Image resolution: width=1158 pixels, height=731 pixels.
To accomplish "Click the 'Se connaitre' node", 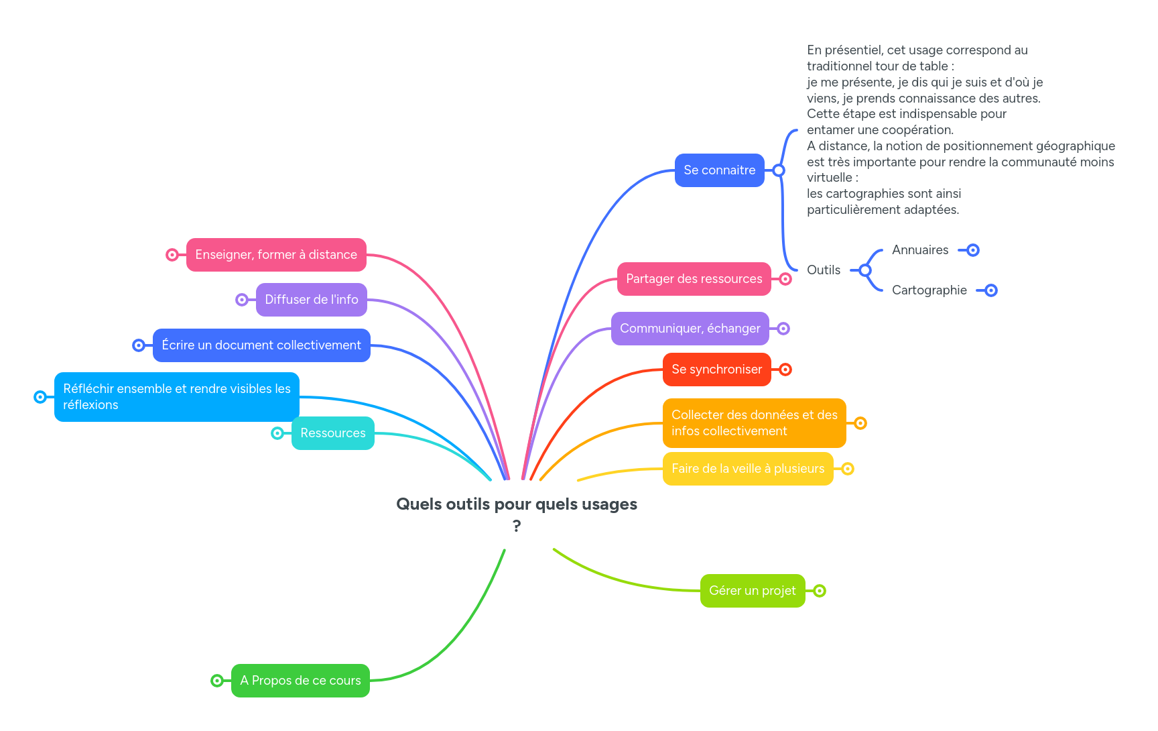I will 719,170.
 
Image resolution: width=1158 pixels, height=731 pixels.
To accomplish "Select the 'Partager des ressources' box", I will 694,279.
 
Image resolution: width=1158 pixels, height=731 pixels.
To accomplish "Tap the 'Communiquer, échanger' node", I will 690,329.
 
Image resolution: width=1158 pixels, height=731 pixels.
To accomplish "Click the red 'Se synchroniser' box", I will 716,370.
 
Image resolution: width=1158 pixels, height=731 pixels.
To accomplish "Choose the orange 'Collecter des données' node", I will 754,423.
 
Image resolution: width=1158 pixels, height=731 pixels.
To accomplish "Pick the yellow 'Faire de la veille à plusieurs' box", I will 747,469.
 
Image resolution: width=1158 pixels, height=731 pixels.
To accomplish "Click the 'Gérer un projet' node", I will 752,591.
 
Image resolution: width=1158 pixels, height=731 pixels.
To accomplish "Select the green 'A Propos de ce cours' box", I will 300,681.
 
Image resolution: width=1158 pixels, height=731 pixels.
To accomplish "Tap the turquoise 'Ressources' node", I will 332,433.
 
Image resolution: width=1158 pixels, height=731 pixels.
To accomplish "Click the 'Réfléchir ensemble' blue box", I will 176,397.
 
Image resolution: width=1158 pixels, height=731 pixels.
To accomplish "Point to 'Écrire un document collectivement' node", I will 261,345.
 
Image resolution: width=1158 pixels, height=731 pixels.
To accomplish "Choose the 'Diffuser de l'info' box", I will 311,300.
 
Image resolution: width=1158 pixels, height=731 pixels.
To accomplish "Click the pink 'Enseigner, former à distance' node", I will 276,255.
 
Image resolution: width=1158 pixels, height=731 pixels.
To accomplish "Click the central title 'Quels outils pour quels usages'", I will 516,505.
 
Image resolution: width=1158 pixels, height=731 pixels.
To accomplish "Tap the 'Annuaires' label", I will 920,250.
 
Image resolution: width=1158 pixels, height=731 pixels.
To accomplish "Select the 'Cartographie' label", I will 929,290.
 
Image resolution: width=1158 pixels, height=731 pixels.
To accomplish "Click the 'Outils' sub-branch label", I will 823,270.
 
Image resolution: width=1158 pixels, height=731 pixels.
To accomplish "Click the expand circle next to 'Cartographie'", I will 991,290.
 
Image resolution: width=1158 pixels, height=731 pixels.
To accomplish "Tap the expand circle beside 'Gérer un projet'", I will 820,591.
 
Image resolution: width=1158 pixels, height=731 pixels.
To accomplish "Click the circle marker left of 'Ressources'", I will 277,433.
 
